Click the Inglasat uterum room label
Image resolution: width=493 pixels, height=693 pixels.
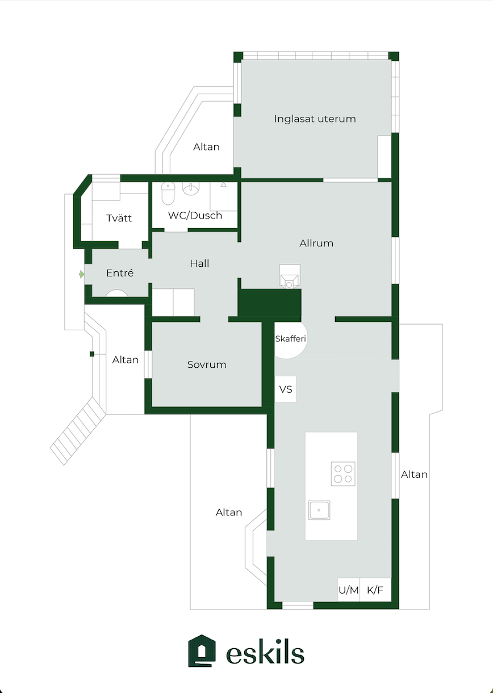click(x=315, y=119)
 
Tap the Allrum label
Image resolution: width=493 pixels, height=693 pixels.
click(x=316, y=243)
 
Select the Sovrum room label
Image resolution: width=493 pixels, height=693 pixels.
click(x=207, y=364)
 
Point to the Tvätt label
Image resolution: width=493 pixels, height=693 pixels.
click(x=119, y=218)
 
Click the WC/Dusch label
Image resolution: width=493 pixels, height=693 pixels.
click(x=195, y=215)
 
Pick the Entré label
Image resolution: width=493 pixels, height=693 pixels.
click(x=120, y=273)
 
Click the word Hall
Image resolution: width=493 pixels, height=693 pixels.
click(x=199, y=263)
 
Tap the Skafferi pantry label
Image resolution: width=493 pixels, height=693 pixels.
click(x=290, y=339)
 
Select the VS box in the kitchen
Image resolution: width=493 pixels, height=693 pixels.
click(x=286, y=389)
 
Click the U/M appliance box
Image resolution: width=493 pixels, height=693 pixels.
click(x=349, y=590)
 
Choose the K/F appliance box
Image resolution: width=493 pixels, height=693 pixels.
click(x=375, y=590)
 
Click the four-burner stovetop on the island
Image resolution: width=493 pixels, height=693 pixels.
click(x=343, y=474)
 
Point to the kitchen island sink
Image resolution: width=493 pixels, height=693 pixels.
click(x=319, y=510)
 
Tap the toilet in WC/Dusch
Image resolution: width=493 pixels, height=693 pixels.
click(x=168, y=193)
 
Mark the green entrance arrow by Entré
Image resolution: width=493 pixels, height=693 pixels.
click(x=81, y=274)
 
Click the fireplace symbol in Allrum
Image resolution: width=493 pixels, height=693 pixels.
click(x=290, y=276)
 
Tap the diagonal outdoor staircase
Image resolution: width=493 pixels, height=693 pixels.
click(x=78, y=431)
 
